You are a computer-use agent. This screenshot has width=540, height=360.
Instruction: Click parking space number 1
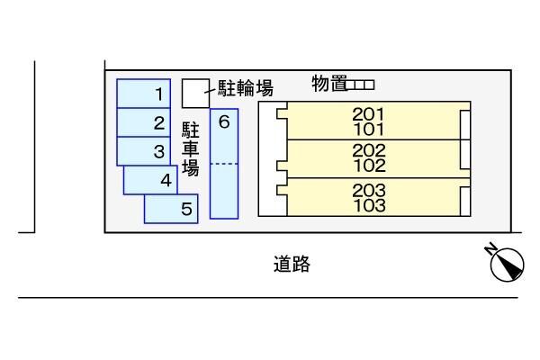tap(144, 94)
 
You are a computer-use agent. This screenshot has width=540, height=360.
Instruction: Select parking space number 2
tap(144, 122)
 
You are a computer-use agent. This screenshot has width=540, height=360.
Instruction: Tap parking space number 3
tap(144, 151)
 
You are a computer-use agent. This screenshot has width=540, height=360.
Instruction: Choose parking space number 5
tap(172, 209)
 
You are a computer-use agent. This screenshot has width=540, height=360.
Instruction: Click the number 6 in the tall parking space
tap(224, 121)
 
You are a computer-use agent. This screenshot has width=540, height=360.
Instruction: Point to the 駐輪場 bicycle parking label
tap(246, 87)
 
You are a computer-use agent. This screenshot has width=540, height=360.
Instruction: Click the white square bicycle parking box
tap(193, 91)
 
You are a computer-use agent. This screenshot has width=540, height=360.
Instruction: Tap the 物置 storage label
tap(329, 85)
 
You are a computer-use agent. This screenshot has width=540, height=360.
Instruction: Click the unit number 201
tap(369, 114)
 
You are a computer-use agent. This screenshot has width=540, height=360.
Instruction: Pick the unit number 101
tap(369, 128)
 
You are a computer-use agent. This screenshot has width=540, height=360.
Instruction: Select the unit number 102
tap(369, 166)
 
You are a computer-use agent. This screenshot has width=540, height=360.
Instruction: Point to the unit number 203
tap(369, 191)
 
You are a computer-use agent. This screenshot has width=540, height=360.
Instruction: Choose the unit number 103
tap(369, 204)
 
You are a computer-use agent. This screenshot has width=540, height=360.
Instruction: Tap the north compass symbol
tap(504, 262)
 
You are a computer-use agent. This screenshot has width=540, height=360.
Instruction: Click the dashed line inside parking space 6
tap(224, 164)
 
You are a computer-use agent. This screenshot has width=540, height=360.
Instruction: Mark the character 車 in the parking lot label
tap(190, 148)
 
